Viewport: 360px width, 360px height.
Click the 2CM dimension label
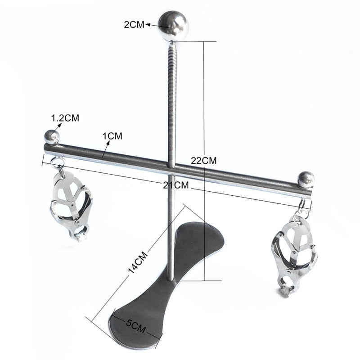coord(134,25)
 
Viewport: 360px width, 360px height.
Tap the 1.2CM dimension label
coord(65,118)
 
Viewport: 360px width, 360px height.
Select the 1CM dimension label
coord(112,136)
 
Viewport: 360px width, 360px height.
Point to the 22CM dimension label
coord(204,161)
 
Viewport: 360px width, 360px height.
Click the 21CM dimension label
coord(176,185)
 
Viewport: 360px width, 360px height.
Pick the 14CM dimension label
coord(138,262)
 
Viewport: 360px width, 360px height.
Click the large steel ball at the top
coord(173,26)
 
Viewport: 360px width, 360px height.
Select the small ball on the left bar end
coord(52,137)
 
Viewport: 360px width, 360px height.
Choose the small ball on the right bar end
coord(306,179)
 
